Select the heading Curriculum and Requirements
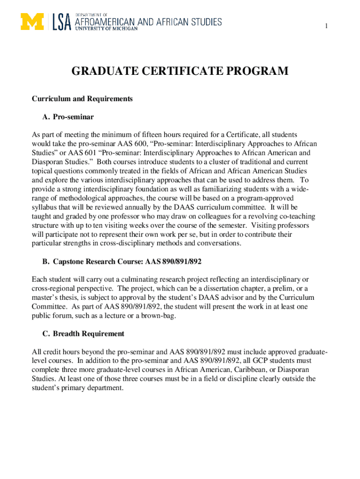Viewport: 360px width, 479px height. click(x=82, y=99)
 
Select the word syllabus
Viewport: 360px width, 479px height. click(x=45, y=207)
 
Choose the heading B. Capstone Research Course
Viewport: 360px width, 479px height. click(x=101, y=261)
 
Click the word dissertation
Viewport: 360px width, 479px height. click(x=211, y=288)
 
